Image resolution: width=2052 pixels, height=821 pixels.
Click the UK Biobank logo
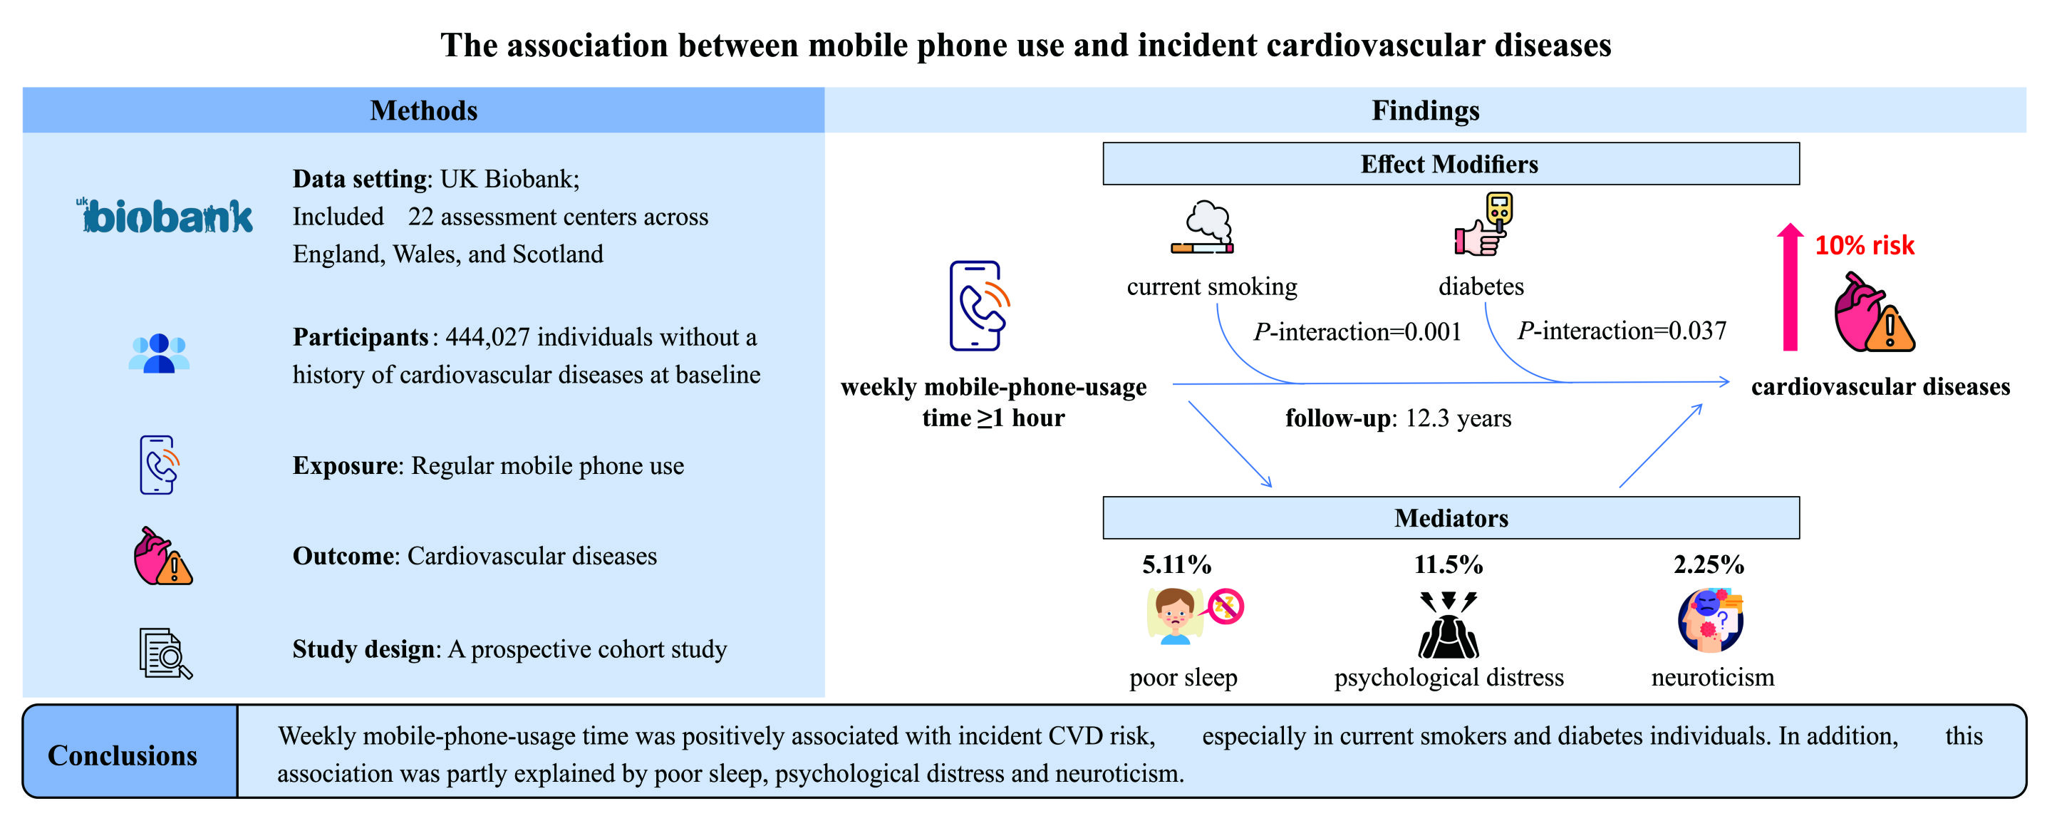[164, 215]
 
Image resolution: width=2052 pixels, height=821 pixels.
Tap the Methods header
[424, 110]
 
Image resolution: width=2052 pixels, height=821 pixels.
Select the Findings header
[1426, 110]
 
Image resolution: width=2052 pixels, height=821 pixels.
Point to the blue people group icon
[160, 353]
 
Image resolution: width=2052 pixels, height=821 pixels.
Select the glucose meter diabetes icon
[1483, 224]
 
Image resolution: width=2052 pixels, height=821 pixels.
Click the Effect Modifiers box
[1451, 164]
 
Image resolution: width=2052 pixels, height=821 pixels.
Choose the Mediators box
[1451, 518]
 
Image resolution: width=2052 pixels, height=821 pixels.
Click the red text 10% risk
[1864, 245]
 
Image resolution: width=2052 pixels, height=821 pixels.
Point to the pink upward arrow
[1790, 286]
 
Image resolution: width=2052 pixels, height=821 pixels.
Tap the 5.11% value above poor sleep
[1176, 565]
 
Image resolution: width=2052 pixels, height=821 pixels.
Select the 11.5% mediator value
[1449, 565]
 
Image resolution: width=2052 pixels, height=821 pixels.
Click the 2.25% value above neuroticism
[1709, 565]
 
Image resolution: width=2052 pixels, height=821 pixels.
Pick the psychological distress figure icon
[1449, 625]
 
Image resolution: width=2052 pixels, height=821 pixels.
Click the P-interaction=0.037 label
[1622, 331]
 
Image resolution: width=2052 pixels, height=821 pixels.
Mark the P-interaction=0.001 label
[1357, 331]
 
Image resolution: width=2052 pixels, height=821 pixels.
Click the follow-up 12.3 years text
[1398, 418]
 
